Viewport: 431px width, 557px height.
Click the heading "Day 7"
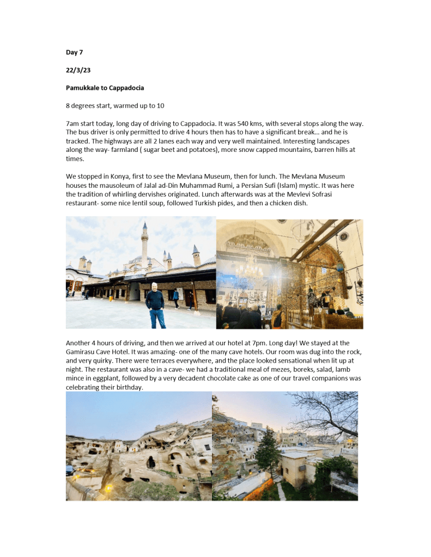[74, 52]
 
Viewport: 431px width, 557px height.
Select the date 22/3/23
[77, 70]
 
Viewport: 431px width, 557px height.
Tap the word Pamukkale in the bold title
[83, 87]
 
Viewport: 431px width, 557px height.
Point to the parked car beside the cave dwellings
[70, 469]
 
